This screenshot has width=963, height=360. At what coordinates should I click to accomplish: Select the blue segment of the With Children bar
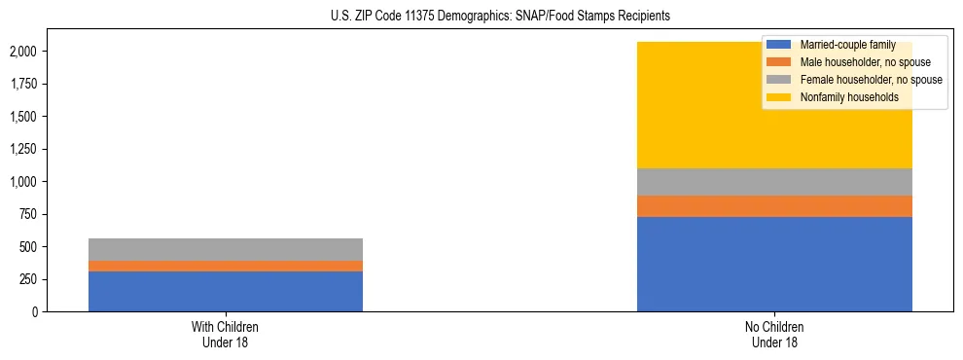pos(226,291)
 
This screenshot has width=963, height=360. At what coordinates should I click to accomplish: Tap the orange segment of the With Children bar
pos(226,266)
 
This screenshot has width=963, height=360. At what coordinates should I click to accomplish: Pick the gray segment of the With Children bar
pos(226,249)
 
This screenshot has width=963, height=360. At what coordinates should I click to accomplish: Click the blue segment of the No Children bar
pos(774,264)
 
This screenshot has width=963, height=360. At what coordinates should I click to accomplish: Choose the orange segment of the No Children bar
pos(774,206)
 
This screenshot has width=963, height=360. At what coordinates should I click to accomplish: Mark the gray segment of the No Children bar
pos(774,182)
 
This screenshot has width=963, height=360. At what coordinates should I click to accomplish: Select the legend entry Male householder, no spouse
pos(856,62)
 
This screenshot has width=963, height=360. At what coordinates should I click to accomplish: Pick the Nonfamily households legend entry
pos(842,97)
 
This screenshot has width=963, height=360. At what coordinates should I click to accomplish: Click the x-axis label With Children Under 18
pos(226,334)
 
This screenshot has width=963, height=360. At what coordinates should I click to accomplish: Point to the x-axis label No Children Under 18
pos(774,334)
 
